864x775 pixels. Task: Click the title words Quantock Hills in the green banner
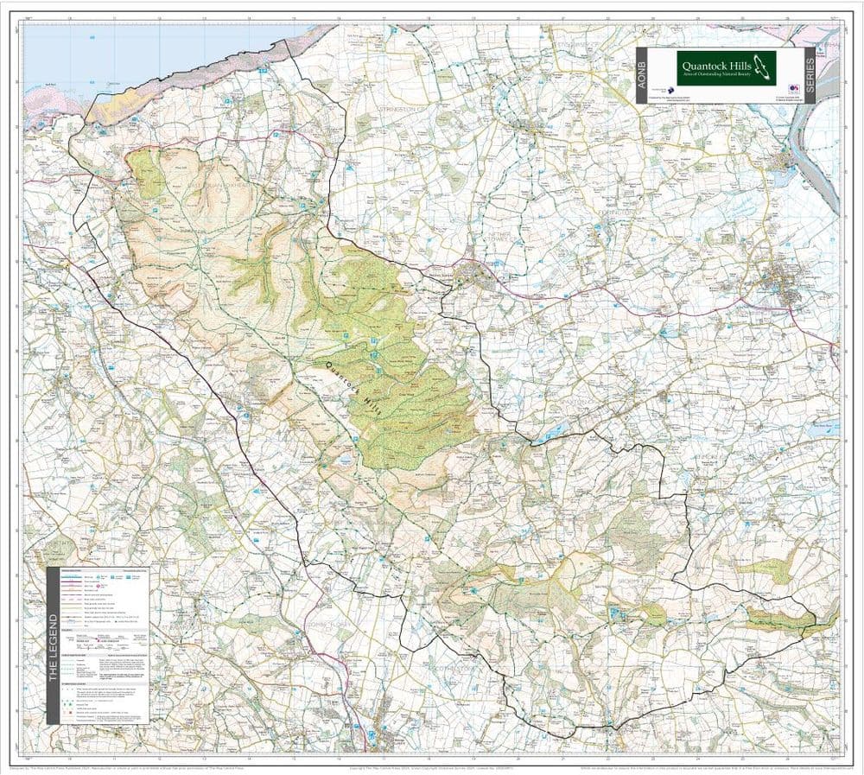coord(716,63)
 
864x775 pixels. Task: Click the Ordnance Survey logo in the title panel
coord(792,90)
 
